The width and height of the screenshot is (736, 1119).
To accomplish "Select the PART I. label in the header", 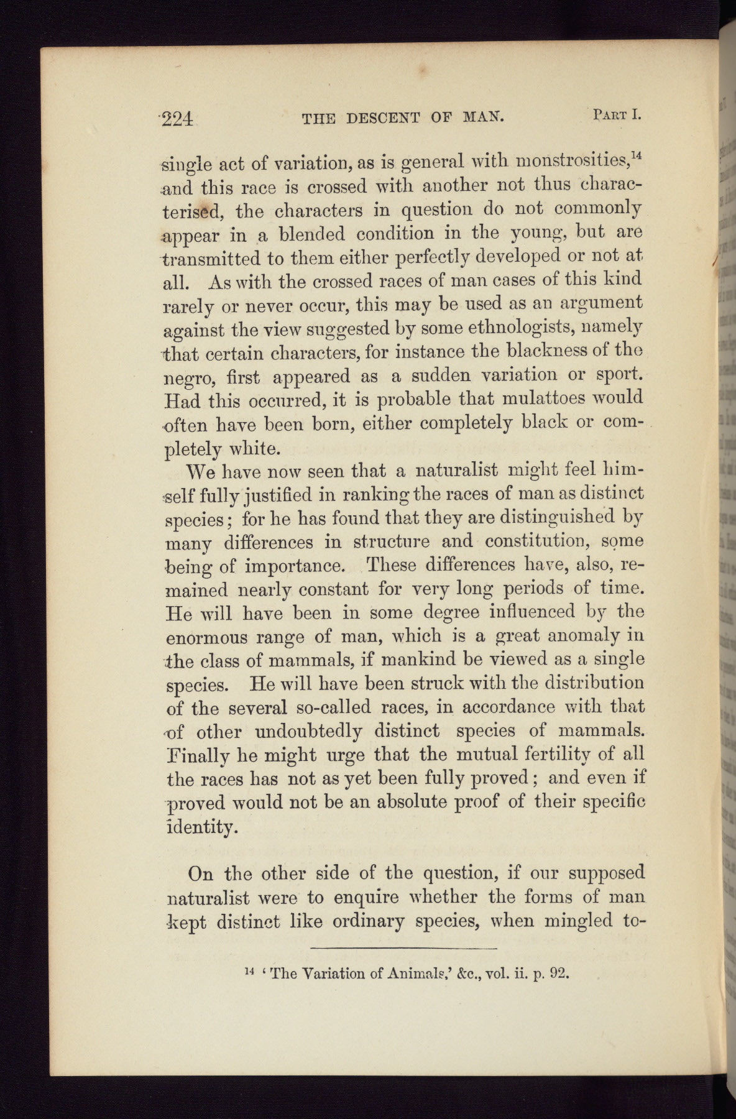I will point(617,114).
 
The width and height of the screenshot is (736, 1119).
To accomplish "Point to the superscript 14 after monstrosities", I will point(637,157).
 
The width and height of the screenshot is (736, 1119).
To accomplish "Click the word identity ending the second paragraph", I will point(201,827).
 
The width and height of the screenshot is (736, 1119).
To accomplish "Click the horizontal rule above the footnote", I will point(403,949).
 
